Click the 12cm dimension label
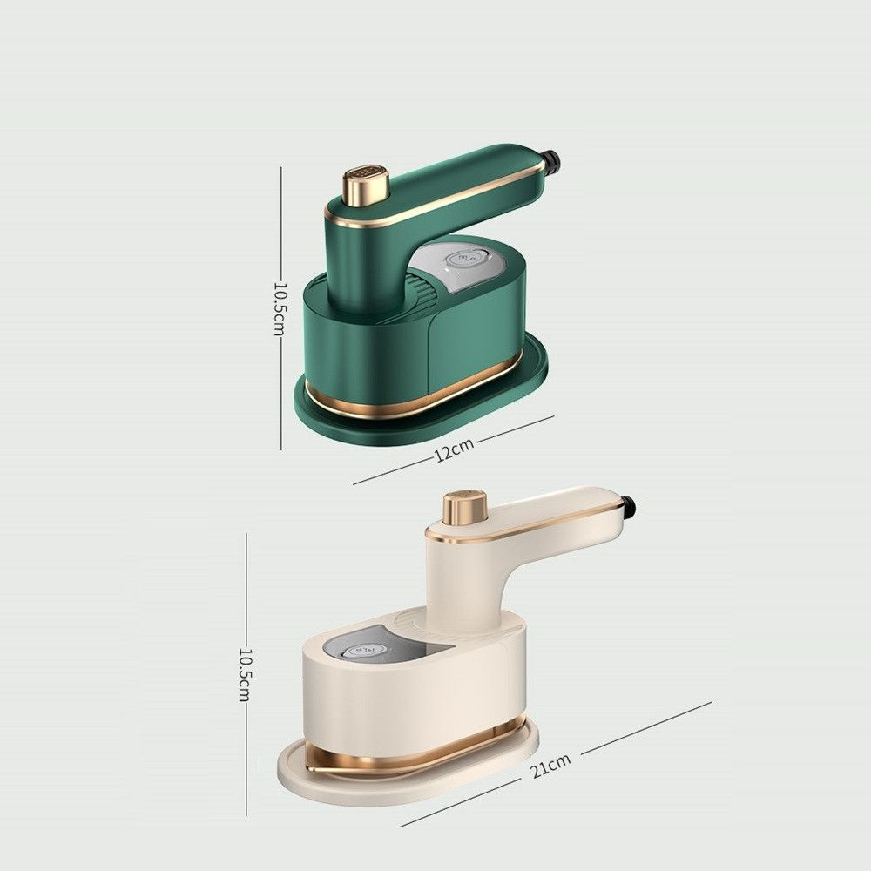click(x=454, y=450)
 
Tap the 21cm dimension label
click(x=550, y=766)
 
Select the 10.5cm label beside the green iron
click(x=280, y=309)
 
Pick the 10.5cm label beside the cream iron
click(x=245, y=674)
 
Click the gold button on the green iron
click(x=366, y=186)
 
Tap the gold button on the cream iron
click(x=465, y=508)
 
